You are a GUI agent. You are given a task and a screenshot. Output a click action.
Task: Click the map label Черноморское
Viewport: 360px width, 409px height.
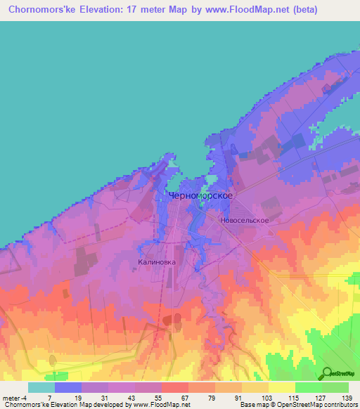click(201, 197)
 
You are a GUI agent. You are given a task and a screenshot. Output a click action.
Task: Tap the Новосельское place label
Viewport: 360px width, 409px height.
click(244, 220)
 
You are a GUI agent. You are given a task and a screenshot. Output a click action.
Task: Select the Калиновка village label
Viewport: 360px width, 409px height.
click(152, 261)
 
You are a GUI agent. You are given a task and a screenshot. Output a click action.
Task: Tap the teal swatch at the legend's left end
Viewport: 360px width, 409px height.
click(41, 387)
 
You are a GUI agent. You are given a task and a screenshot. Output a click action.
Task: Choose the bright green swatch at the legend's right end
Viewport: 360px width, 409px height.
click(335, 387)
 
